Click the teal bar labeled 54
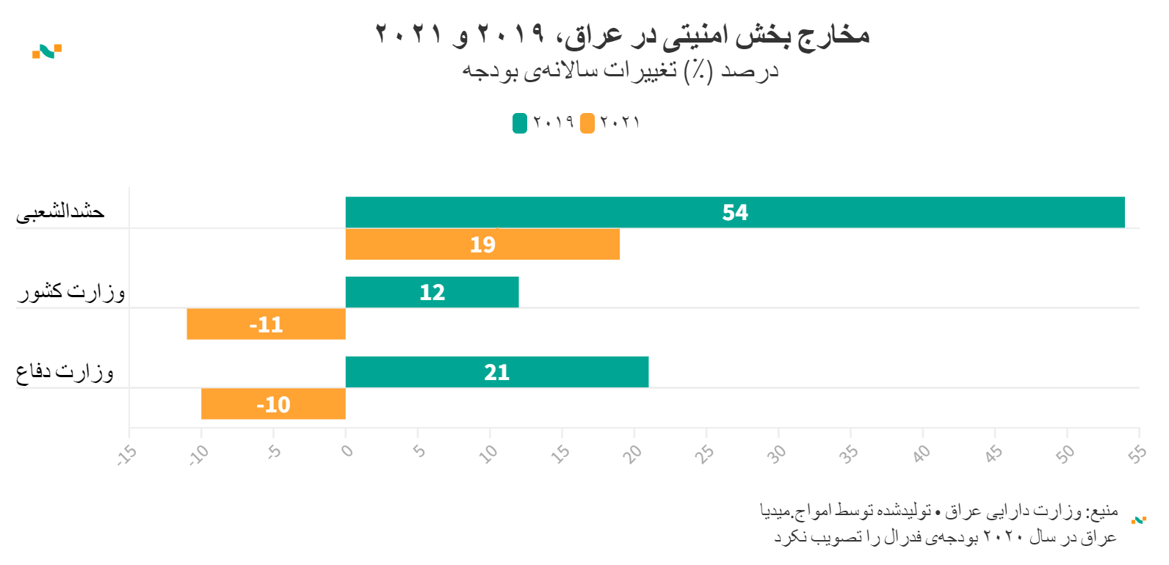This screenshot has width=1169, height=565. (734, 212)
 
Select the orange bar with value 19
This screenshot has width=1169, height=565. (482, 244)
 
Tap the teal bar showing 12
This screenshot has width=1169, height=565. (432, 292)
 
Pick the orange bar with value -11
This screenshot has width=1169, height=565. (266, 324)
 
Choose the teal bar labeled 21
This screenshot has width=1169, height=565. (496, 372)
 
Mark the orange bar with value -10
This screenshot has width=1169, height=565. (273, 404)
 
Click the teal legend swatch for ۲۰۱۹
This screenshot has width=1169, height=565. (520, 123)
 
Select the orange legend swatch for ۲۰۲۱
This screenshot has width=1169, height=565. (587, 123)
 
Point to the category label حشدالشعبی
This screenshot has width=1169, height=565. (60, 212)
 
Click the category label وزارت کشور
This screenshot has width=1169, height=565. (71, 292)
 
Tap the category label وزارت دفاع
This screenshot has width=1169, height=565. (65, 372)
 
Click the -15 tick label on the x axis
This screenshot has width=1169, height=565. (127, 455)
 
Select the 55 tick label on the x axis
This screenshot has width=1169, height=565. (1137, 454)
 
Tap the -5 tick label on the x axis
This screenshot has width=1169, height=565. (273, 452)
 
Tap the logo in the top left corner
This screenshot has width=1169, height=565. (47, 51)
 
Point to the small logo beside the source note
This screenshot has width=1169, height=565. (1139, 520)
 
